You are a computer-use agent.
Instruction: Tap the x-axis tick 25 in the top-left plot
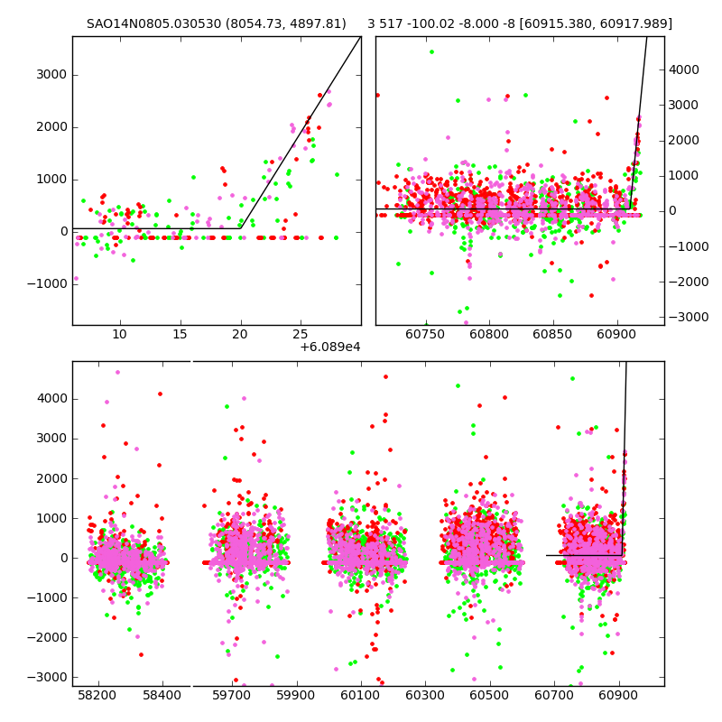coord(301,338)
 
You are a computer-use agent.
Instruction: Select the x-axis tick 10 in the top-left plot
coord(119,338)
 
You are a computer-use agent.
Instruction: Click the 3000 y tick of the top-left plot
coord(51,74)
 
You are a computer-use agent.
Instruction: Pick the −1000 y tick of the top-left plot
coord(49,283)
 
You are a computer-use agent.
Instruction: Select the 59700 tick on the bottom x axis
coord(230,699)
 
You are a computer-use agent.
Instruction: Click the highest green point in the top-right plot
coord(431,51)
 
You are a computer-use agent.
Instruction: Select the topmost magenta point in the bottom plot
coord(117,372)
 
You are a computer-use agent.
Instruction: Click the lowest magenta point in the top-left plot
coord(76,278)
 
